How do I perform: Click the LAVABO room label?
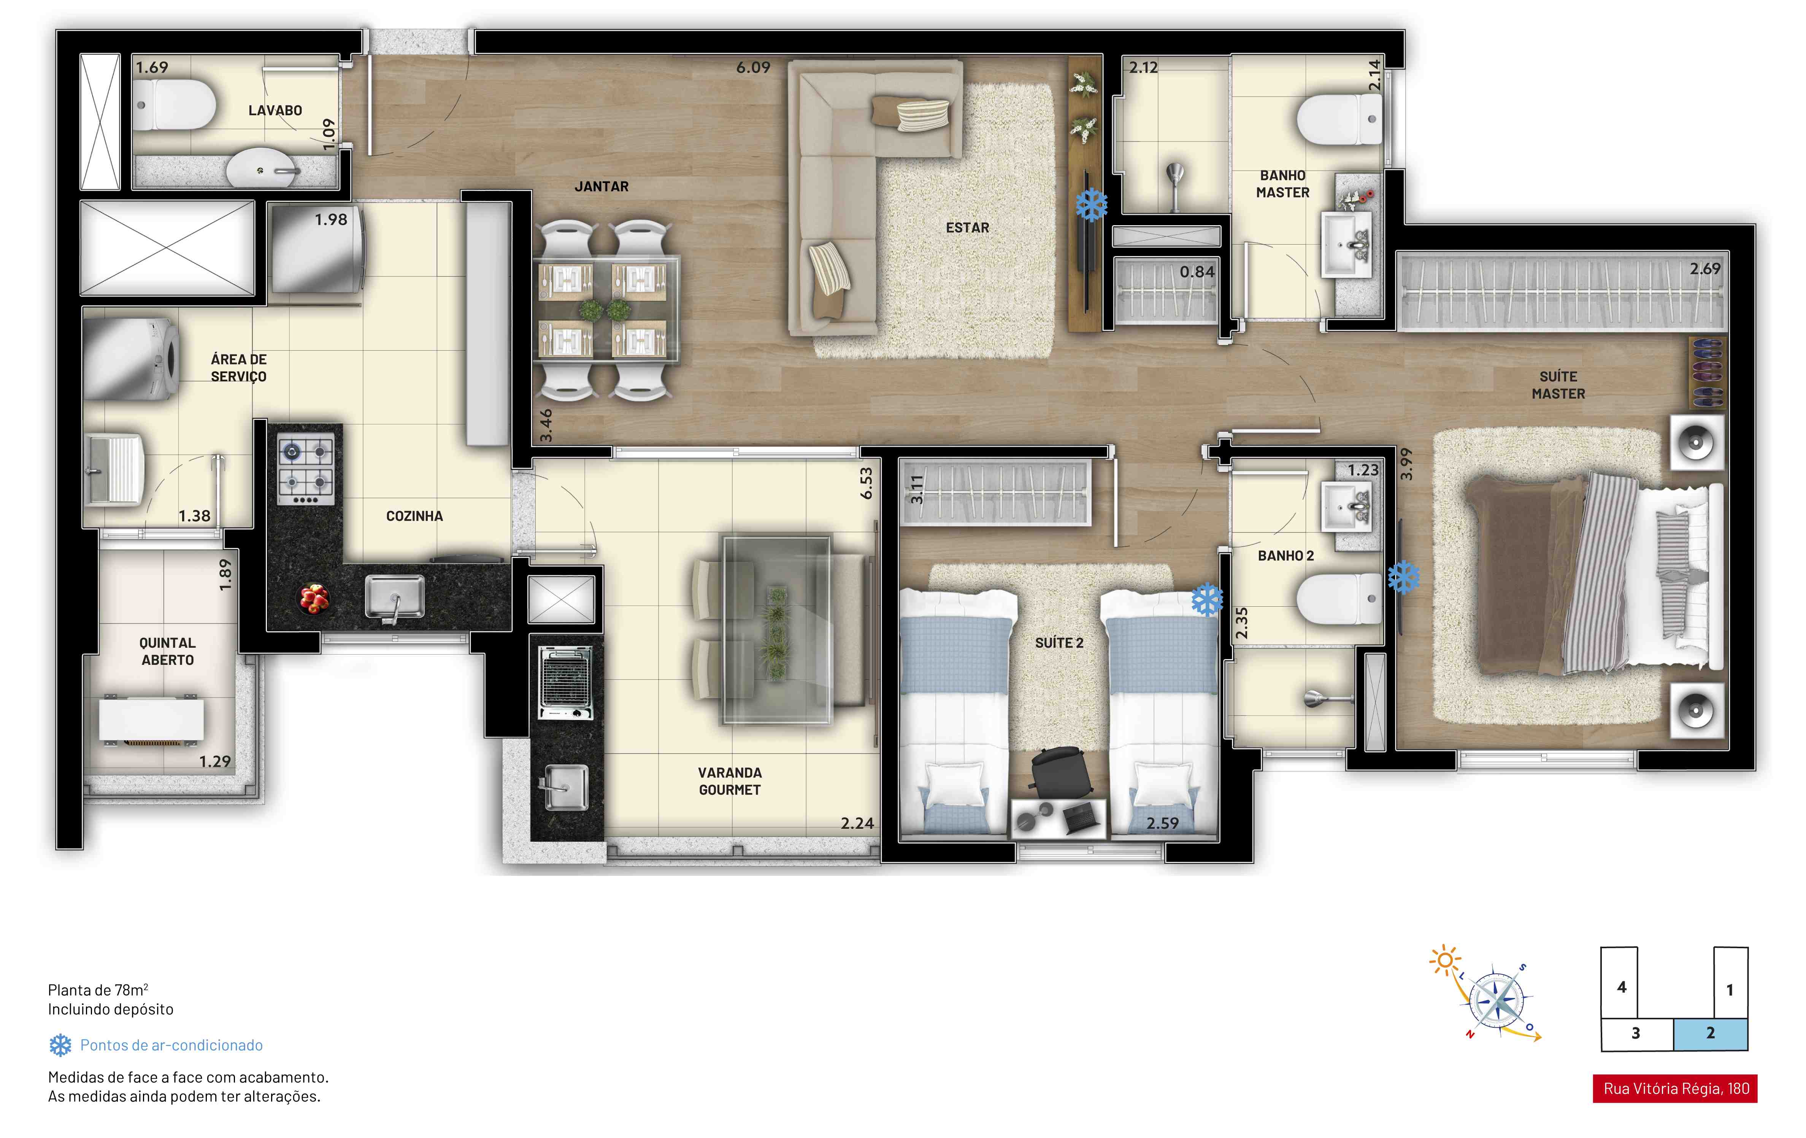275,110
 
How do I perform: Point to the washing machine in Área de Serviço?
131,359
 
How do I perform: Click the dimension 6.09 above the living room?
753,68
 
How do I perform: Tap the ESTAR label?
968,227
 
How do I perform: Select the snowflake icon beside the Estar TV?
1091,204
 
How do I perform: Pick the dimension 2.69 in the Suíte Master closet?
1705,269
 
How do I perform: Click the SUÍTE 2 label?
1059,643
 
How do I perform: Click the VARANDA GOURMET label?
730,781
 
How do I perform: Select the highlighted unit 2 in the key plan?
1711,1034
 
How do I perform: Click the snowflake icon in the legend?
60,1045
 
